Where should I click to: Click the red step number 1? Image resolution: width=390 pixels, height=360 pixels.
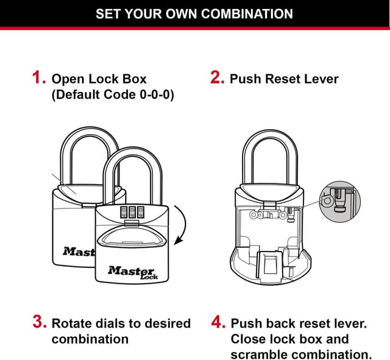pos(39,79)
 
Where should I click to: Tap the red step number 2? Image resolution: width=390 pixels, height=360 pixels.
pos(218,79)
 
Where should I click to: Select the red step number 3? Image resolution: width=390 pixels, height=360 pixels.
pos(40,323)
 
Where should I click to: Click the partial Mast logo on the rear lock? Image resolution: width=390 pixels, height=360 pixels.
pos(78,251)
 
